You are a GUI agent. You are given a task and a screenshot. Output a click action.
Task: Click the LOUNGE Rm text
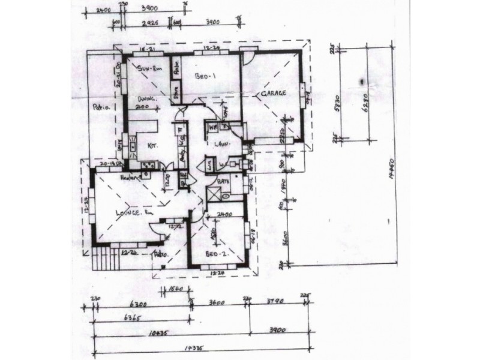(x=127, y=213)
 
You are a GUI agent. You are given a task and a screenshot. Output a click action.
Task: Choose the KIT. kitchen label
(x=152, y=145)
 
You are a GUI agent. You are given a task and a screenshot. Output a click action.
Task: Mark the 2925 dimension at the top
(x=149, y=22)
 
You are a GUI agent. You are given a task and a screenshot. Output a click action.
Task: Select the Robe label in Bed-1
(x=177, y=69)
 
